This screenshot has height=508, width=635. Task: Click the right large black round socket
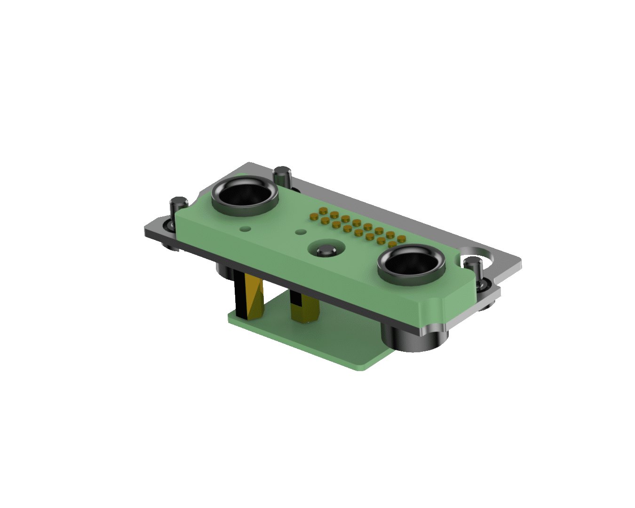pyautogui.click(x=411, y=265)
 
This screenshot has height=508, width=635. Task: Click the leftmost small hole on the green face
pyautogui.click(x=244, y=229)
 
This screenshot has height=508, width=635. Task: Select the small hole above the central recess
pyautogui.click(x=299, y=232)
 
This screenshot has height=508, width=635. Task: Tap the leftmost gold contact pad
pyautogui.click(x=312, y=217)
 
